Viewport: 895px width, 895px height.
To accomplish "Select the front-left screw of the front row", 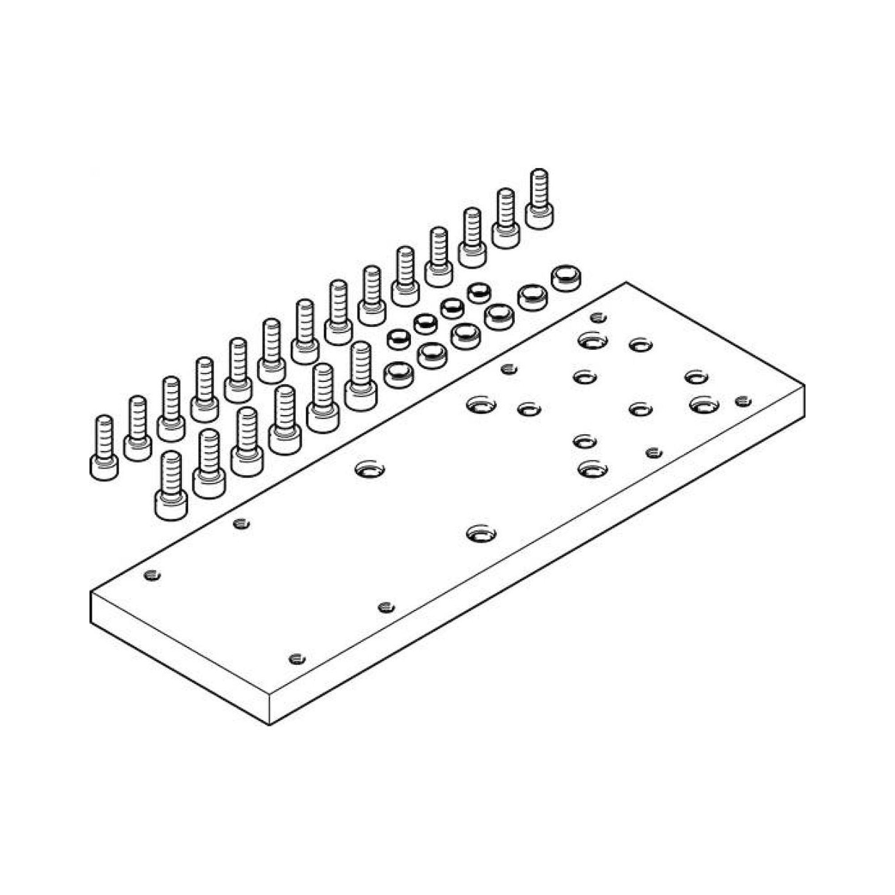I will click(x=171, y=486).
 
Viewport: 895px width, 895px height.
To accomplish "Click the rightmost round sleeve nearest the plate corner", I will click(x=566, y=278).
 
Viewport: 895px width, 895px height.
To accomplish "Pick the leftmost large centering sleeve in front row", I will click(x=399, y=374).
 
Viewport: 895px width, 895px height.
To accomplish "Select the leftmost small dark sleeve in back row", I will click(x=398, y=339).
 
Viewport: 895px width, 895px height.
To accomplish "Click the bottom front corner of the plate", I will click(x=269, y=724).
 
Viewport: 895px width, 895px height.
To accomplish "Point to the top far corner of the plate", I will click(x=626, y=282).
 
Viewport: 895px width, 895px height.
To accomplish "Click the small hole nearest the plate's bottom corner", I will click(x=297, y=658).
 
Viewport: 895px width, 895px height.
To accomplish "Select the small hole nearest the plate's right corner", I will click(x=743, y=401).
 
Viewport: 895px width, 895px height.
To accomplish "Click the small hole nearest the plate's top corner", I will click(x=598, y=318).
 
